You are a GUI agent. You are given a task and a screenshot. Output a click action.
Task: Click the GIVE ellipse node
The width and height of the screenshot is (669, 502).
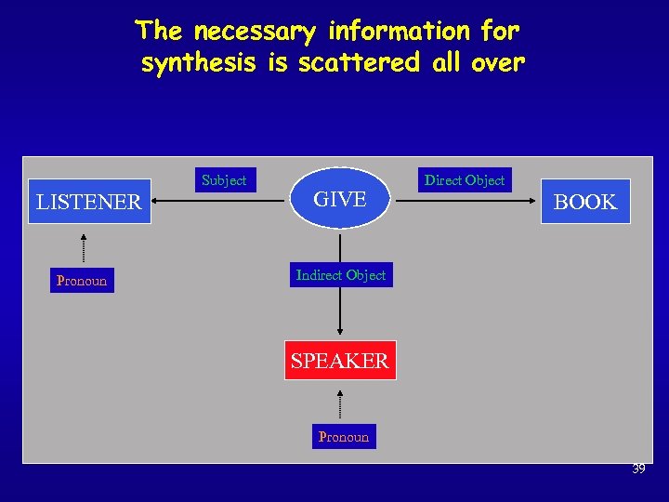pyautogui.click(x=340, y=198)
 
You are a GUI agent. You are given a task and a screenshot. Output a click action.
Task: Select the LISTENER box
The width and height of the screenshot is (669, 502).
pyautogui.click(x=89, y=202)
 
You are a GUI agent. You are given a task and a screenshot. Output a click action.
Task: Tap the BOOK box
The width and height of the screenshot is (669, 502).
pyautogui.click(x=585, y=202)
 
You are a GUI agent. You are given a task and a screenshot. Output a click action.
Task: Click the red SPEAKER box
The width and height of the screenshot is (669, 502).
pyautogui.click(x=339, y=361)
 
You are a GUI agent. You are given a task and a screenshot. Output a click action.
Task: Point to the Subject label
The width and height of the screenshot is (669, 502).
pyautogui.click(x=224, y=180)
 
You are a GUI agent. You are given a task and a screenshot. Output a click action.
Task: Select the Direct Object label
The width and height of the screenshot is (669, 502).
pyautogui.click(x=465, y=180)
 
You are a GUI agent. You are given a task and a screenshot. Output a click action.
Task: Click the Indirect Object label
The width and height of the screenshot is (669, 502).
pyautogui.click(x=340, y=275)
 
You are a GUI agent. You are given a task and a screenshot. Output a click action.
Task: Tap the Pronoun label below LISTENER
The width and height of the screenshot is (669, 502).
pyautogui.click(x=82, y=281)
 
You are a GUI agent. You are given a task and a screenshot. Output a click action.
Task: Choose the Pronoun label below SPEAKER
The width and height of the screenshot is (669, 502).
pyautogui.click(x=344, y=437)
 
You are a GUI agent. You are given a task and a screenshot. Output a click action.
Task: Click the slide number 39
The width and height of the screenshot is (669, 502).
pyautogui.click(x=638, y=469)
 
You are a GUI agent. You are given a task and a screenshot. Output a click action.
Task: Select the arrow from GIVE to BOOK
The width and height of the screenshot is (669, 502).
pyautogui.click(x=465, y=198)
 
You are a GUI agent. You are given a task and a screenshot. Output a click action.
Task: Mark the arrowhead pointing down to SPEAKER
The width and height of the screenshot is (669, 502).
pyautogui.click(x=340, y=329)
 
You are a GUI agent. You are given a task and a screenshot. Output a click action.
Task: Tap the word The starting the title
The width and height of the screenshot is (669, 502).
pyautogui.click(x=161, y=32)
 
